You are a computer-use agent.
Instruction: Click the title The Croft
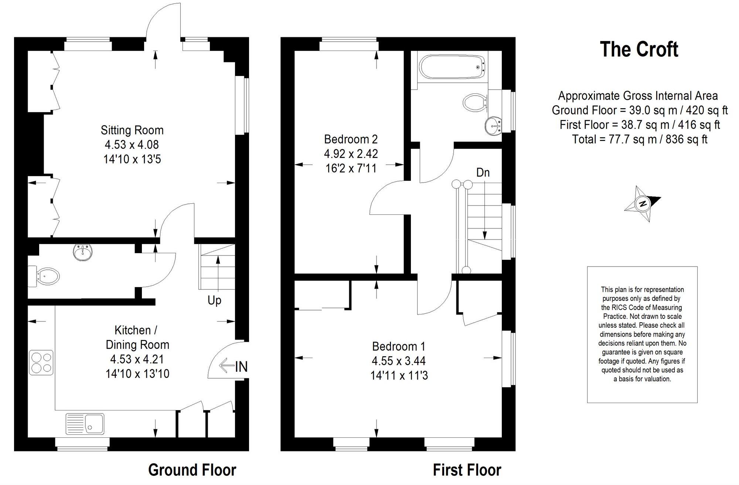click(639, 49)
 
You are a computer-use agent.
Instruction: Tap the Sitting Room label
click(132, 130)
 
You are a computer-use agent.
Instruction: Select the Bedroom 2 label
click(351, 139)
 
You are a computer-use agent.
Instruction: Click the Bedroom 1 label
click(399, 346)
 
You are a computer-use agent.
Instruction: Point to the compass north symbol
click(643, 204)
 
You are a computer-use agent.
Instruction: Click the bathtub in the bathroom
click(452, 67)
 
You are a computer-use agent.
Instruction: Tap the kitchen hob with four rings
click(41, 362)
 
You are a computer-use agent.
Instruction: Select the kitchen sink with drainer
click(85, 423)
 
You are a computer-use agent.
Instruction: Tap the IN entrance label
click(241, 367)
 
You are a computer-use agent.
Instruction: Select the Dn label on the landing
click(483, 172)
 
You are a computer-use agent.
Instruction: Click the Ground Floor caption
click(192, 470)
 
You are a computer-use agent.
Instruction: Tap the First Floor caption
click(467, 470)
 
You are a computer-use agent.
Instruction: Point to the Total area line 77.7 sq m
click(639, 139)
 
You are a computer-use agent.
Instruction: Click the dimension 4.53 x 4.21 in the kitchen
click(137, 359)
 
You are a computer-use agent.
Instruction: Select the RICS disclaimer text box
click(642, 334)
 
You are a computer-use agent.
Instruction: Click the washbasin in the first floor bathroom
click(493, 126)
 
